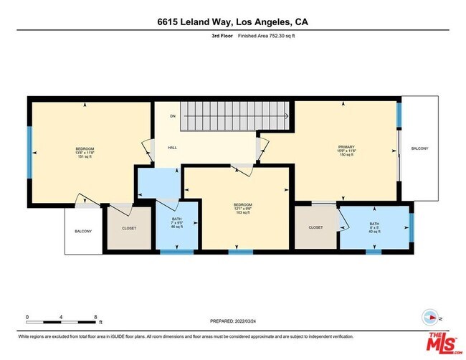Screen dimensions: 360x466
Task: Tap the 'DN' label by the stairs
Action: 173,115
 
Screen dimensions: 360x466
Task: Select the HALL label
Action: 173,148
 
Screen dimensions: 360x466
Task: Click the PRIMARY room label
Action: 346,148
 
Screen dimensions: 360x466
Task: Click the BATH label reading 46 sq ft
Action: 176,223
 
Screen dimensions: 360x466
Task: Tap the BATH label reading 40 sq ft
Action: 374,227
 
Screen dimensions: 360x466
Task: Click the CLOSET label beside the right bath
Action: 316,227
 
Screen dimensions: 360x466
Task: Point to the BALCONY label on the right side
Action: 419,148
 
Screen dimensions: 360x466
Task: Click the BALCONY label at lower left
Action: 84,232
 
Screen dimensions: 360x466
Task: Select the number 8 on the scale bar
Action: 95,316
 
